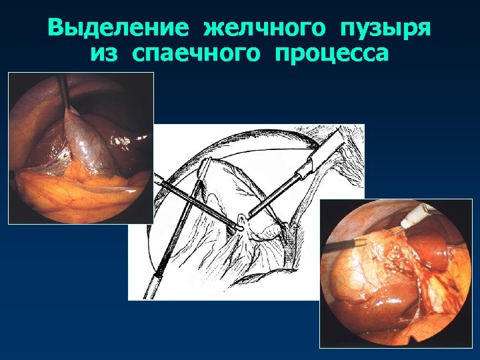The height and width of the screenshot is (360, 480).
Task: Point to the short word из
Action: [105, 53]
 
